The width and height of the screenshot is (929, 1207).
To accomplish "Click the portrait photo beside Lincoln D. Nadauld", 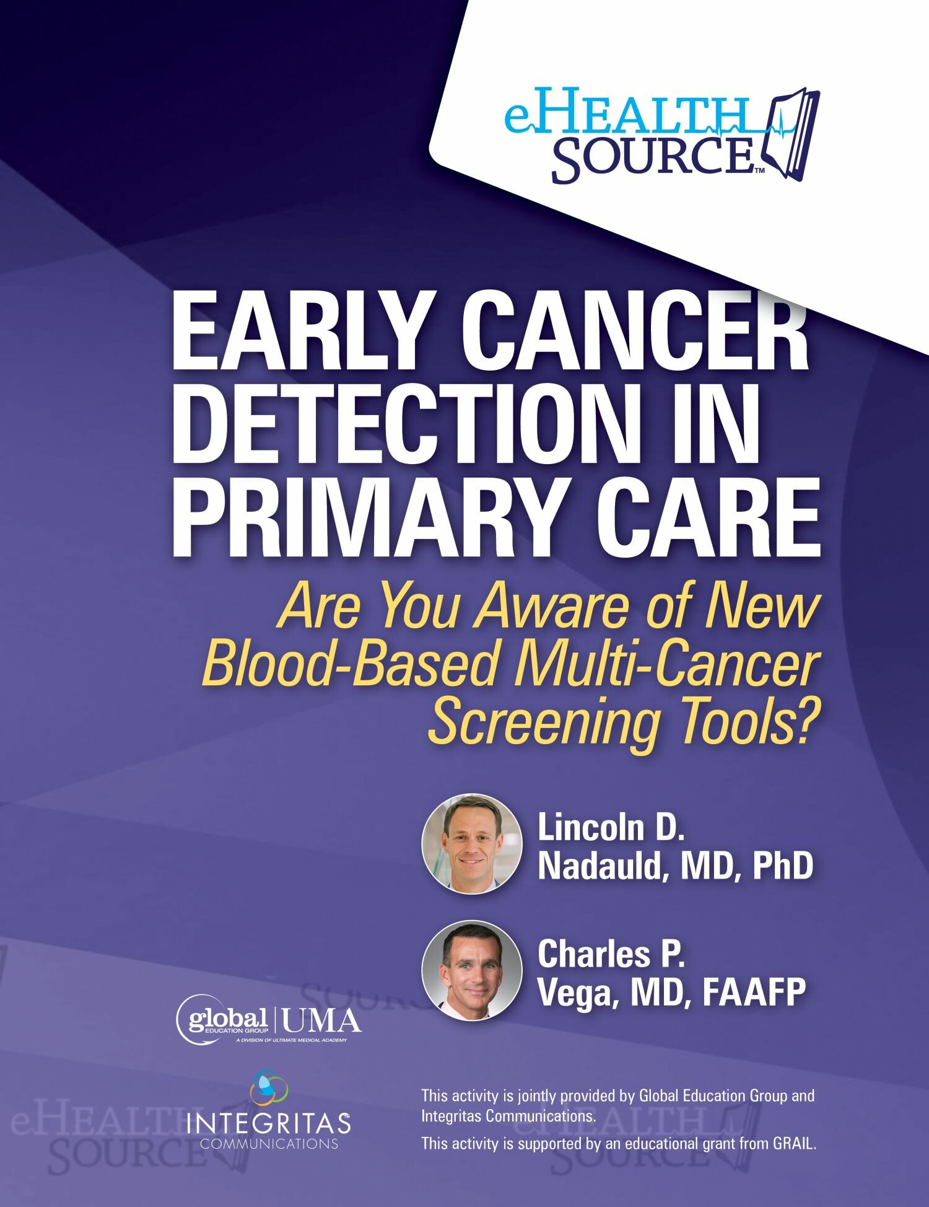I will pos(471,844).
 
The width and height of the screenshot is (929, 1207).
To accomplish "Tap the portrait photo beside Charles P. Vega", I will pos(471,971).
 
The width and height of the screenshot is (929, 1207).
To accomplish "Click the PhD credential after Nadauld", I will pos(782,865).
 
